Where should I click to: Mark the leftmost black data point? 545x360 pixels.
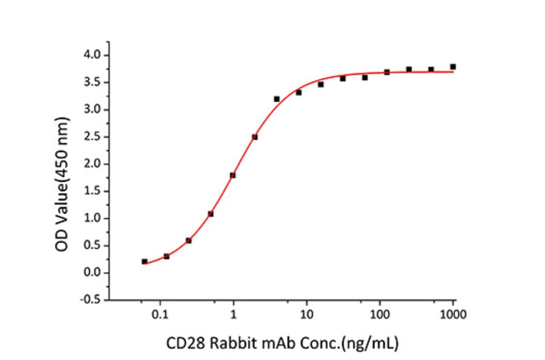pos(144,261)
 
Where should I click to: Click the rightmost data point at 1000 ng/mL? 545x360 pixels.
pos(453,67)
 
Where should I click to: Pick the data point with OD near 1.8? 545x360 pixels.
pos(233,175)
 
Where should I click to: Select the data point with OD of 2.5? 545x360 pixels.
pos(254,137)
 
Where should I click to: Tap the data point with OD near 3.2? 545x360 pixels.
pos(277,99)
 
